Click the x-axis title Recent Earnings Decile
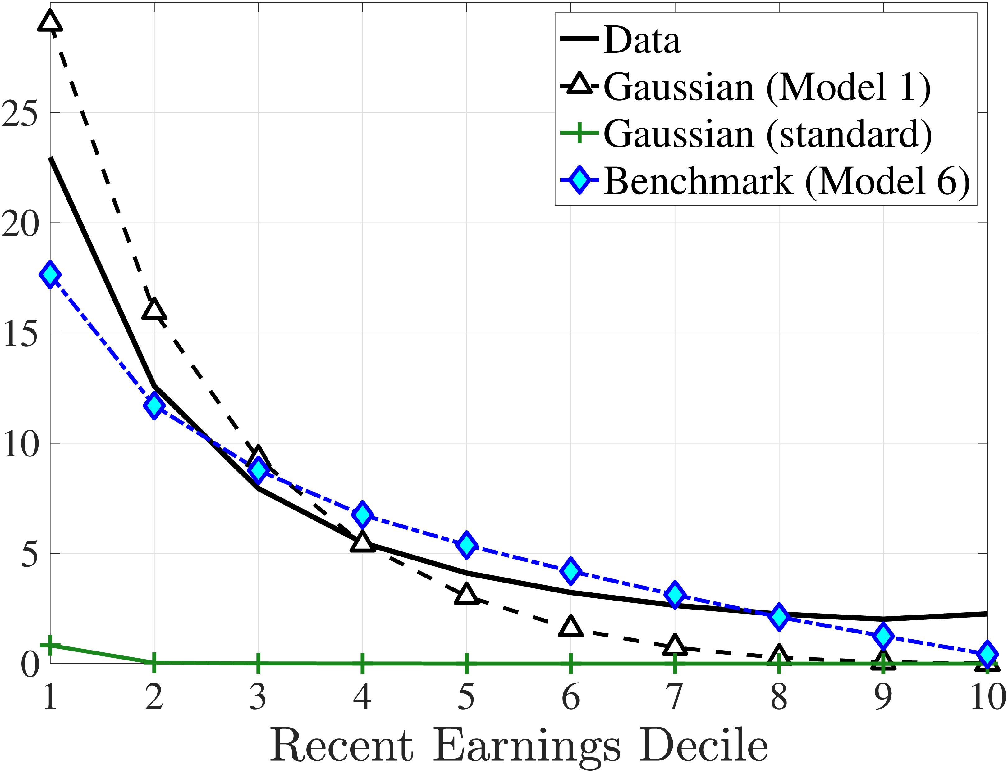(x=519, y=746)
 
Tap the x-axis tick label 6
(x=571, y=697)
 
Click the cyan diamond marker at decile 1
(x=50, y=275)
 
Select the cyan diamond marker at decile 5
(x=467, y=545)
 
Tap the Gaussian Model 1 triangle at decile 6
(x=571, y=627)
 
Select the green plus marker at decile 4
(x=362, y=663)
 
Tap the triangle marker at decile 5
(x=467, y=594)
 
